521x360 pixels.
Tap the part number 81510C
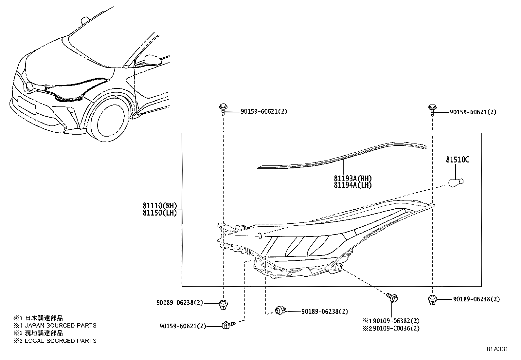[457, 160]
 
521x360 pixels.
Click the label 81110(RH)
[160, 206]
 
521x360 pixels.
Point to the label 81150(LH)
[160, 213]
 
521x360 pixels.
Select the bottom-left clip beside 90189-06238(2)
[223, 304]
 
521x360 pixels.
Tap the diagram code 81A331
[497, 349]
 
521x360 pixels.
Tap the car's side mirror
[152, 60]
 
